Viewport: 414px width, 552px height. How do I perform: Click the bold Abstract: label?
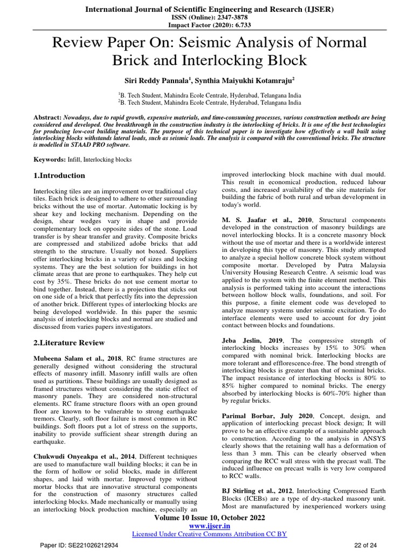47,116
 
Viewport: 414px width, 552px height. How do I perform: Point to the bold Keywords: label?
50,160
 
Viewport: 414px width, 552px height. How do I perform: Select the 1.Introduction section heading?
59,176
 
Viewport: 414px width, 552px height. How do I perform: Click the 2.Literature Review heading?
69,343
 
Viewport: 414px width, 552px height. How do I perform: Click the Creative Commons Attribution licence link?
209,534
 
